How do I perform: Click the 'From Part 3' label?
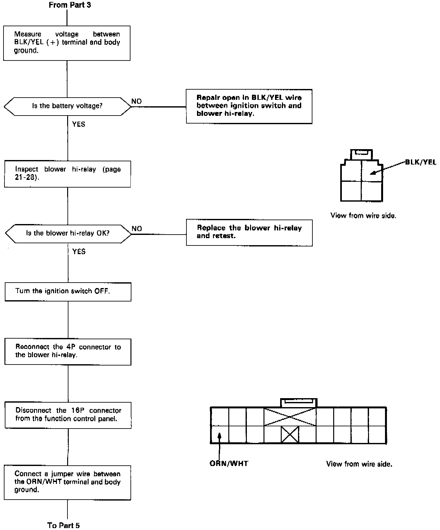(70, 5)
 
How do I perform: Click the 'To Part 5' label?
(63, 525)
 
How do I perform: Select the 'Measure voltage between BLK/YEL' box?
(67, 43)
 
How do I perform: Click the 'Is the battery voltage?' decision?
(67, 106)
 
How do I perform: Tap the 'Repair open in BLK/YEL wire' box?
(249, 106)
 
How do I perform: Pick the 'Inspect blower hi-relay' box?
(67, 174)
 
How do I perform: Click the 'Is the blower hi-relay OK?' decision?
(68, 233)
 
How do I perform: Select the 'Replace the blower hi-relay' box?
(249, 232)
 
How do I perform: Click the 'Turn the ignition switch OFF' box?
(68, 292)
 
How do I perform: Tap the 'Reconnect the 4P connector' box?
(68, 351)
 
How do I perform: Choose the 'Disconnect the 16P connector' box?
(68, 415)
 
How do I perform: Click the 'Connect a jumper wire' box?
(67, 482)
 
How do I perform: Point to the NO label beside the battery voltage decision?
(137, 101)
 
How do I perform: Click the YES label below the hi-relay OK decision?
(79, 252)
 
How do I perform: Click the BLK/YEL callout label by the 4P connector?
(420, 162)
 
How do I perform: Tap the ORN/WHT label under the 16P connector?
(229, 463)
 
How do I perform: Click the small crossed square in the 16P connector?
(290, 434)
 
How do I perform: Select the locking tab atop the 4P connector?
(361, 154)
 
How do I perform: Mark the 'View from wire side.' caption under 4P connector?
(363, 216)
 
